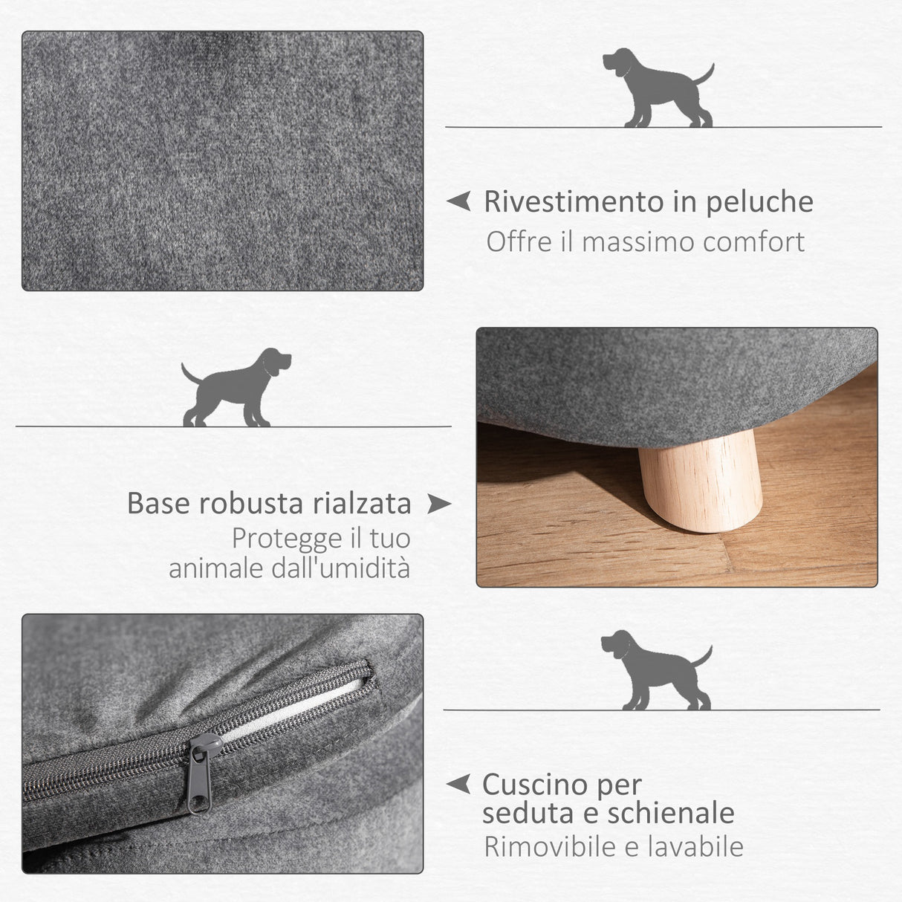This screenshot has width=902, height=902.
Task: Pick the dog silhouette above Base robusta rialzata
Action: point(236,387)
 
